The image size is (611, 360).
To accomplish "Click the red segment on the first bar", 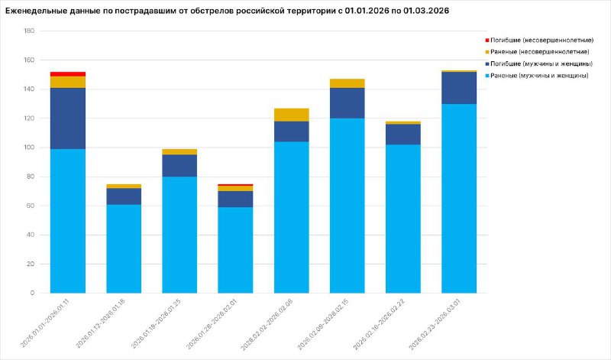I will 68,74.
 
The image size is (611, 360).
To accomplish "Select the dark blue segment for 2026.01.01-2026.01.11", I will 68,118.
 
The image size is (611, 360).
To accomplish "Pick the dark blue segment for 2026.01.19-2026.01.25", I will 179,166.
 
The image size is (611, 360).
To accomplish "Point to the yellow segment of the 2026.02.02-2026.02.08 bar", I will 291,115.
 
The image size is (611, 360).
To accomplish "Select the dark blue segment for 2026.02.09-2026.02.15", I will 347,103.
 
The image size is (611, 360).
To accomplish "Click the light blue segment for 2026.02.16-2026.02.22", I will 402,219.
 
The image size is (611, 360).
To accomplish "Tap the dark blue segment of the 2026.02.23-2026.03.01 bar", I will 458,88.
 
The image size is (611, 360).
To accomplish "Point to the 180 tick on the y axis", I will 29,31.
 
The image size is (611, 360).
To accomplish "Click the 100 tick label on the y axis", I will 29,148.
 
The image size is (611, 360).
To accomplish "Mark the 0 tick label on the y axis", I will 32,293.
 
